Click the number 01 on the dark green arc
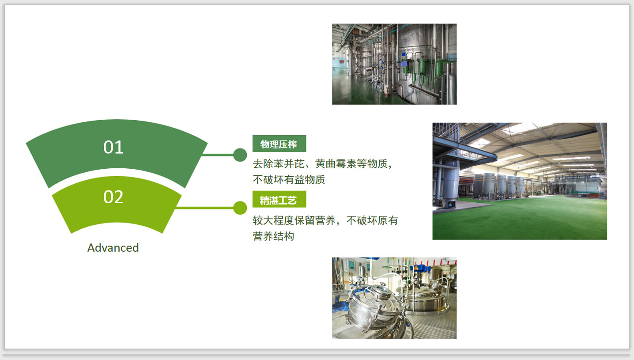[x=113, y=147]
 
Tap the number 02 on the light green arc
[x=113, y=197]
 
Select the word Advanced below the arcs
[x=113, y=248]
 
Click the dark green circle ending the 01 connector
[x=240, y=155]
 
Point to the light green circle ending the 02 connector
[x=240, y=208]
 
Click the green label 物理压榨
[x=279, y=144]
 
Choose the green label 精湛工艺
[x=279, y=199]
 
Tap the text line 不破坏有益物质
[x=289, y=180]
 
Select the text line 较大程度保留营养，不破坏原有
[x=325, y=220]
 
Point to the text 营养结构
[x=273, y=236]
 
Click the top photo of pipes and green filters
[x=394, y=64]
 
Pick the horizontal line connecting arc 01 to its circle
[x=218, y=155]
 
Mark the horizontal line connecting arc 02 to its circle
[x=204, y=208]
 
